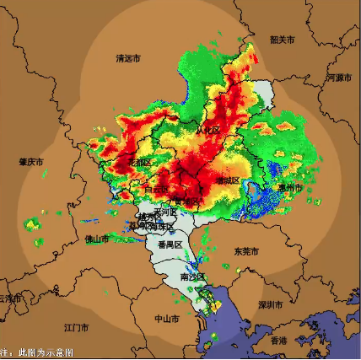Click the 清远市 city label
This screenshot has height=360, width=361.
(x=128, y=58)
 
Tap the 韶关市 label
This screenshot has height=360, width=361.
(x=282, y=40)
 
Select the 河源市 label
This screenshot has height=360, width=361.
(x=337, y=78)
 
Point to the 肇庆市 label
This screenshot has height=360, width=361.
(x=31, y=161)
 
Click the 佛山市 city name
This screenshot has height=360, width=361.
(x=97, y=239)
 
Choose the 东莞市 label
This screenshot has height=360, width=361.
(x=247, y=251)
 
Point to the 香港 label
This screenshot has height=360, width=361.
(x=278, y=340)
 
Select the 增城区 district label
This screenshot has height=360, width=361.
(x=228, y=180)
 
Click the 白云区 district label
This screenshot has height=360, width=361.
(x=155, y=191)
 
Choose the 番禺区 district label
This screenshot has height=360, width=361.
(x=170, y=244)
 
